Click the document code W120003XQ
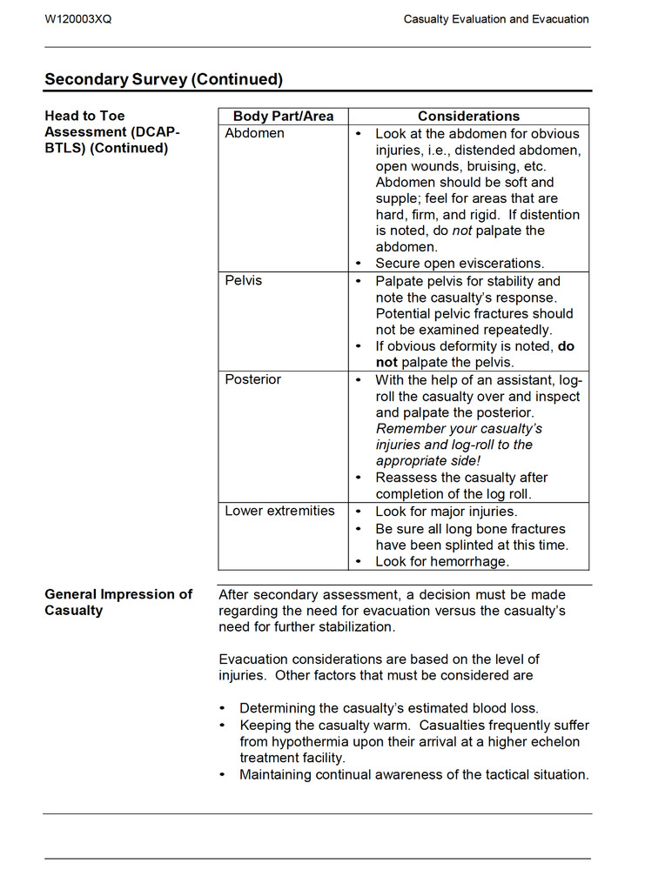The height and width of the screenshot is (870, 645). [78, 19]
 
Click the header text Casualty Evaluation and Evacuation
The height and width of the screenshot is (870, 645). [496, 19]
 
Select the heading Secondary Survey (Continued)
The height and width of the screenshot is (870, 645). [164, 79]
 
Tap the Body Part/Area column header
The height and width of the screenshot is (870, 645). [283, 116]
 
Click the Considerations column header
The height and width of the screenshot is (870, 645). [468, 116]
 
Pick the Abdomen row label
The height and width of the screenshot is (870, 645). [254, 133]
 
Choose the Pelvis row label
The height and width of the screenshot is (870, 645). [243, 281]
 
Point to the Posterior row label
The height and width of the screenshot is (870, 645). [252, 379]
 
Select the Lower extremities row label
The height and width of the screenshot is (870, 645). [279, 511]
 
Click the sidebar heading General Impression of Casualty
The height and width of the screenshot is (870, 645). [118, 602]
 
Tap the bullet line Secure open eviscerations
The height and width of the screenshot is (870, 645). [460, 263]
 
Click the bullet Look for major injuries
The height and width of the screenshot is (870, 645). [446, 512]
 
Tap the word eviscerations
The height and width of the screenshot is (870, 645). [501, 263]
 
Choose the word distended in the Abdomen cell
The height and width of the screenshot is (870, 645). [485, 150]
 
